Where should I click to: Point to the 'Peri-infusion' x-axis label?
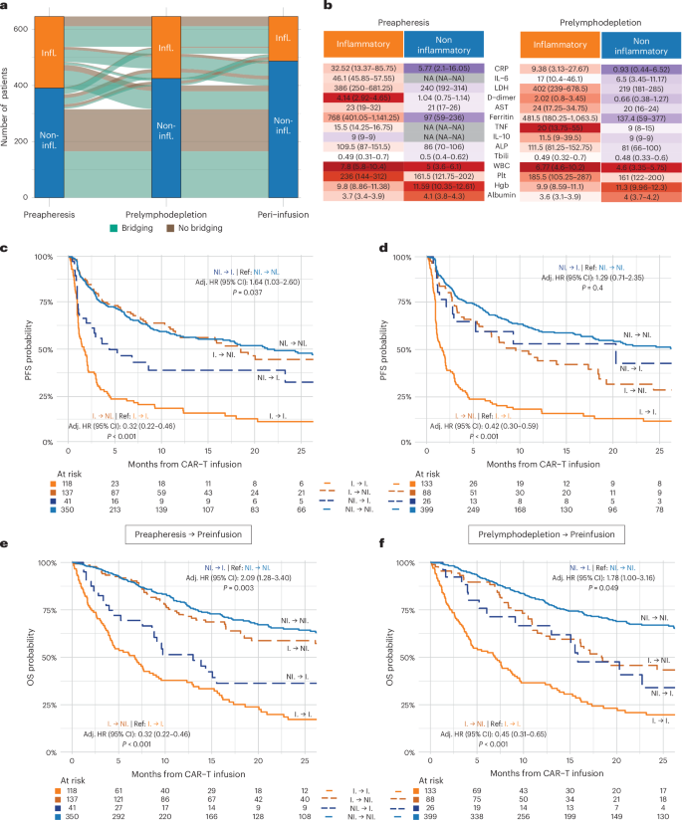point(296,184)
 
